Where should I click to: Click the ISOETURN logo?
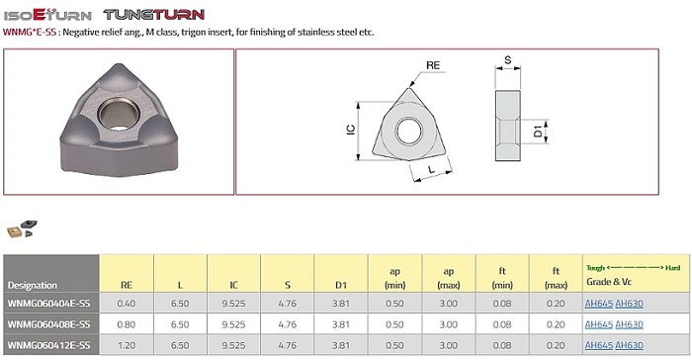(47, 15)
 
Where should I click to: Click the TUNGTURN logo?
(154, 15)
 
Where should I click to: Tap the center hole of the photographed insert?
(119, 113)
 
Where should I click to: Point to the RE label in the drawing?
(433, 65)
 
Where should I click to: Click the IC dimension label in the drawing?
(351, 130)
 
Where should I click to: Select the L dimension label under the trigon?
(432, 169)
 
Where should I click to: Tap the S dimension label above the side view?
(507, 60)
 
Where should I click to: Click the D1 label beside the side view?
(538, 132)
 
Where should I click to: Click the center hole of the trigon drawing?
(409, 132)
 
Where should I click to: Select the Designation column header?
(33, 285)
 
